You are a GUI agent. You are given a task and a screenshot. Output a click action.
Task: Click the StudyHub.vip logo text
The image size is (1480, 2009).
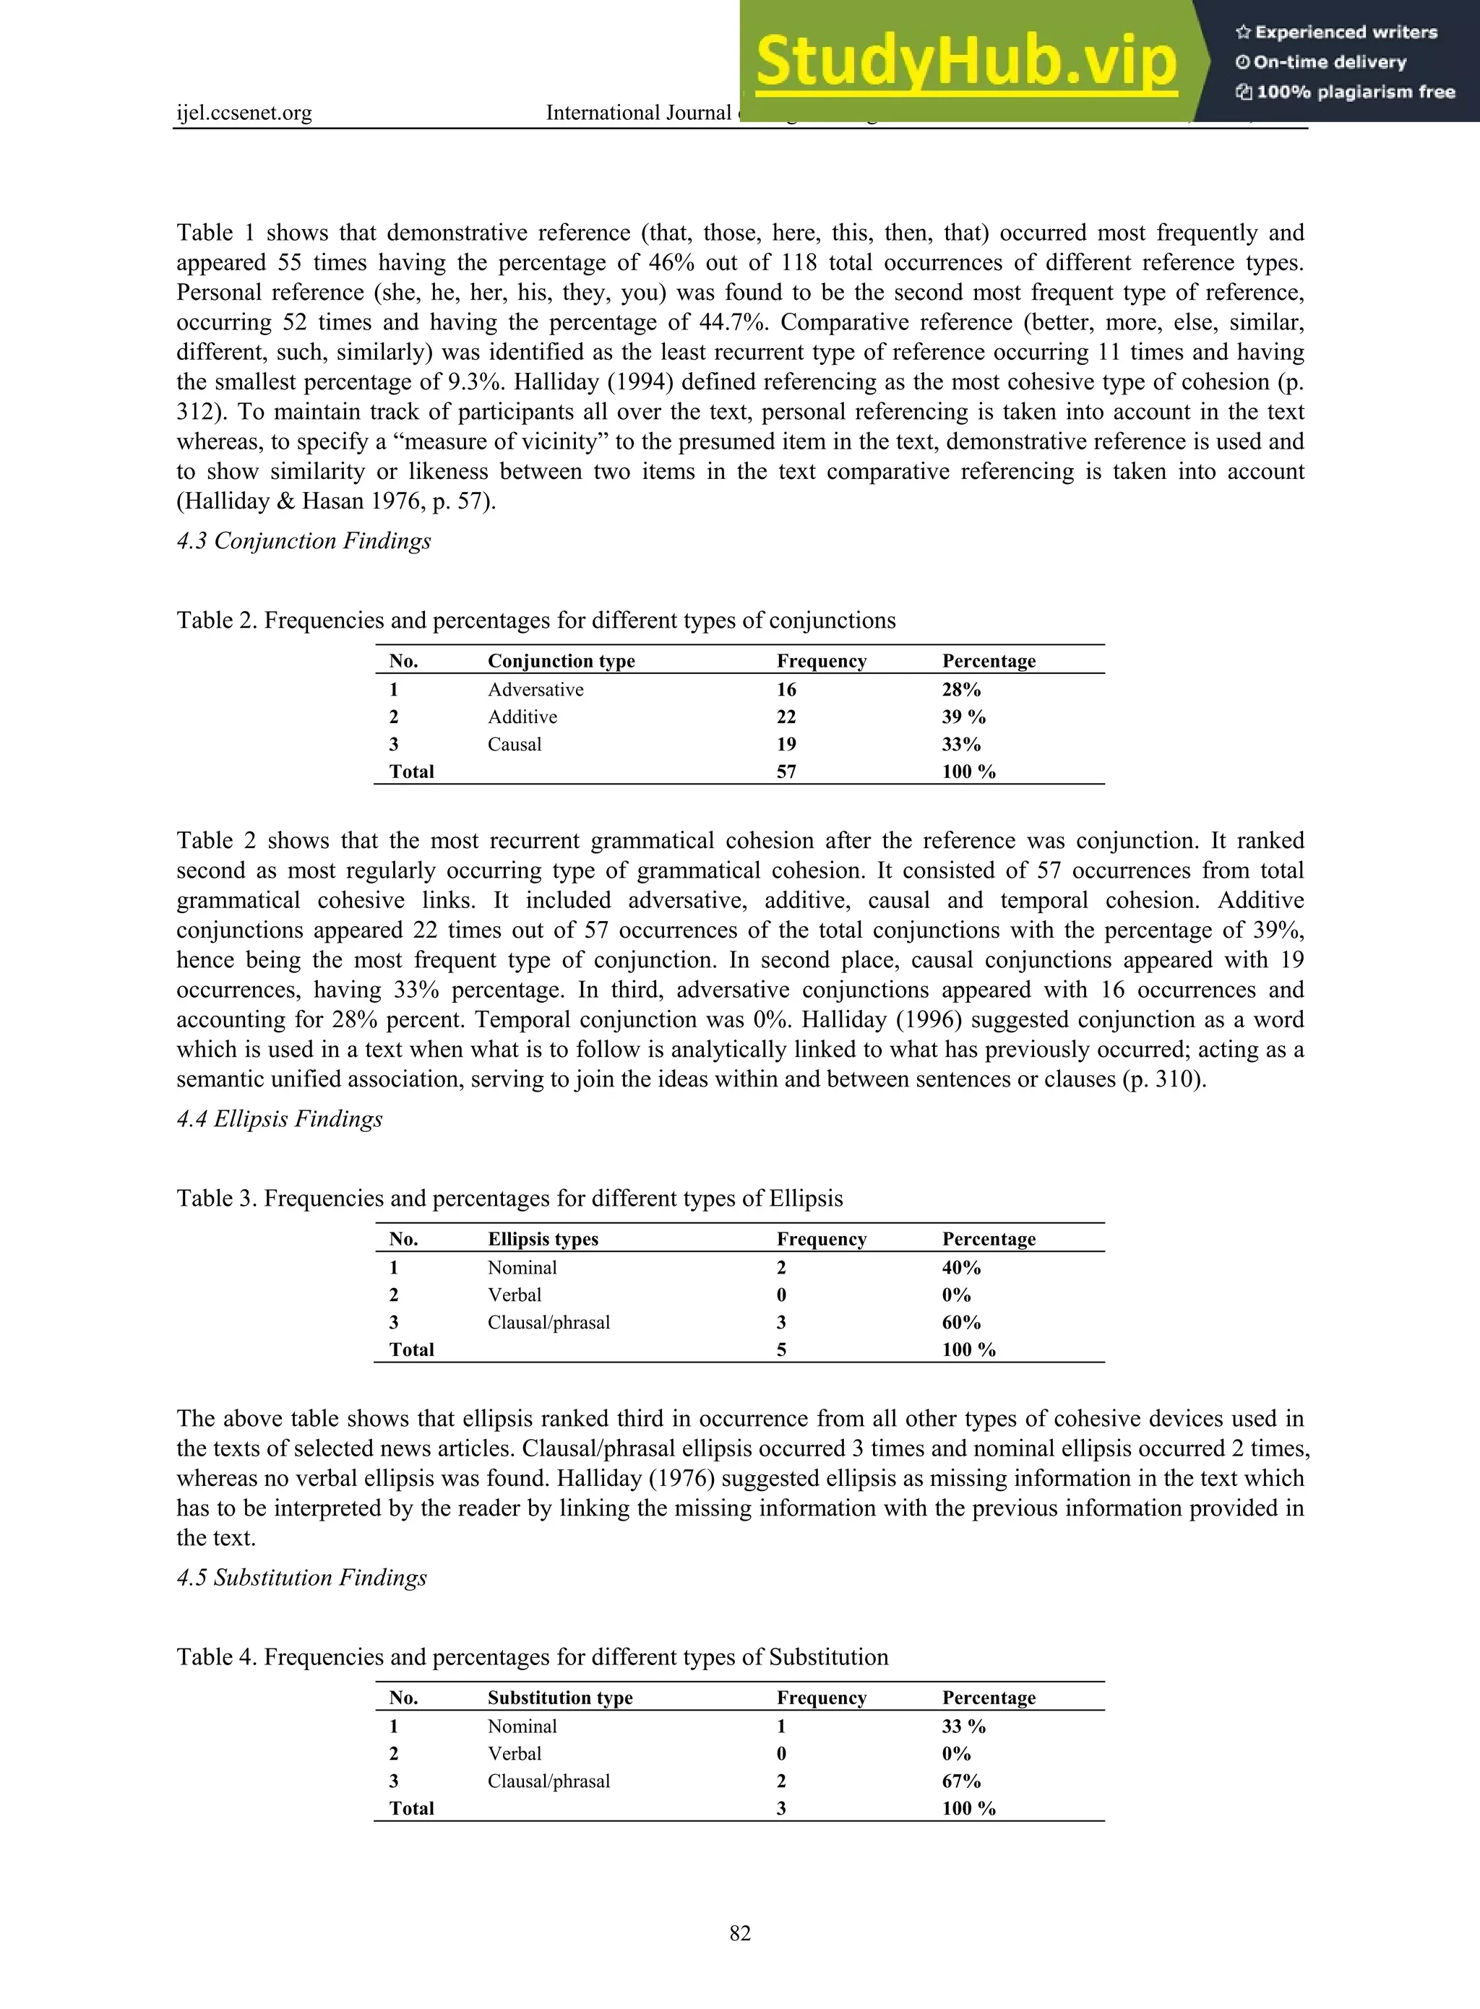[x=965, y=63]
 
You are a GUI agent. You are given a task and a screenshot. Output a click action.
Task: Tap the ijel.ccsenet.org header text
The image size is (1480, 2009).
[x=244, y=113]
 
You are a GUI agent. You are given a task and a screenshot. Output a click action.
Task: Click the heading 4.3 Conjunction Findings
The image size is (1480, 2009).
[x=304, y=541]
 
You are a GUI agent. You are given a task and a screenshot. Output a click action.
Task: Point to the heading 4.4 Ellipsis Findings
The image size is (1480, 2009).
[x=280, y=1119]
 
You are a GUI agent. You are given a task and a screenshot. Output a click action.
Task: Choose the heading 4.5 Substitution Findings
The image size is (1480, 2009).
[x=302, y=1577]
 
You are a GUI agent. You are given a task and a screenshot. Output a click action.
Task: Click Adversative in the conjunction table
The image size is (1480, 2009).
[x=535, y=690]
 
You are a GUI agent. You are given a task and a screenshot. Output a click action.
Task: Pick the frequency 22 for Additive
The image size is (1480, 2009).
[x=786, y=717]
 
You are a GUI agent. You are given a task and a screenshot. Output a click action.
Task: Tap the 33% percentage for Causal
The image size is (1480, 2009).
[x=961, y=744]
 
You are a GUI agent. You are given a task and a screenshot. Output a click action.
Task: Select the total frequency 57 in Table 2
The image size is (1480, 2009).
[x=786, y=772]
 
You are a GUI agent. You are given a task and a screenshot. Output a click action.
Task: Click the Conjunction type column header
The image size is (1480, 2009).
[x=561, y=661]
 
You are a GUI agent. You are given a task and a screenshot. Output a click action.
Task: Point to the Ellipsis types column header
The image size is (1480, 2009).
[x=543, y=1239]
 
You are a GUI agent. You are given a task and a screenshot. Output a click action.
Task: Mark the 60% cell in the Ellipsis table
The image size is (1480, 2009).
[x=961, y=1322]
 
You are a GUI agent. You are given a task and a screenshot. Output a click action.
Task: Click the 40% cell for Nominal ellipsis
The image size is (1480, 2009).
[x=961, y=1267]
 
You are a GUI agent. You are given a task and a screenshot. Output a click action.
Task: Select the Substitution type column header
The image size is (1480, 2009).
[x=560, y=1698]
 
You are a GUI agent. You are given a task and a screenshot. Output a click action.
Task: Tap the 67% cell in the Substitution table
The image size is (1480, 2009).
[x=961, y=1781]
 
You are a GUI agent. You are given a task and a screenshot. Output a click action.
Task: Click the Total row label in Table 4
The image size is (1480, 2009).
[x=411, y=1807]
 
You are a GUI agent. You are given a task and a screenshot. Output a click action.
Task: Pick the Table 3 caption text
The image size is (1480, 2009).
[x=509, y=1198]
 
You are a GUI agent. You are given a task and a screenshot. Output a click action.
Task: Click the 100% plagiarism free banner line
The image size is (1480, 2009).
[x=1346, y=91]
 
